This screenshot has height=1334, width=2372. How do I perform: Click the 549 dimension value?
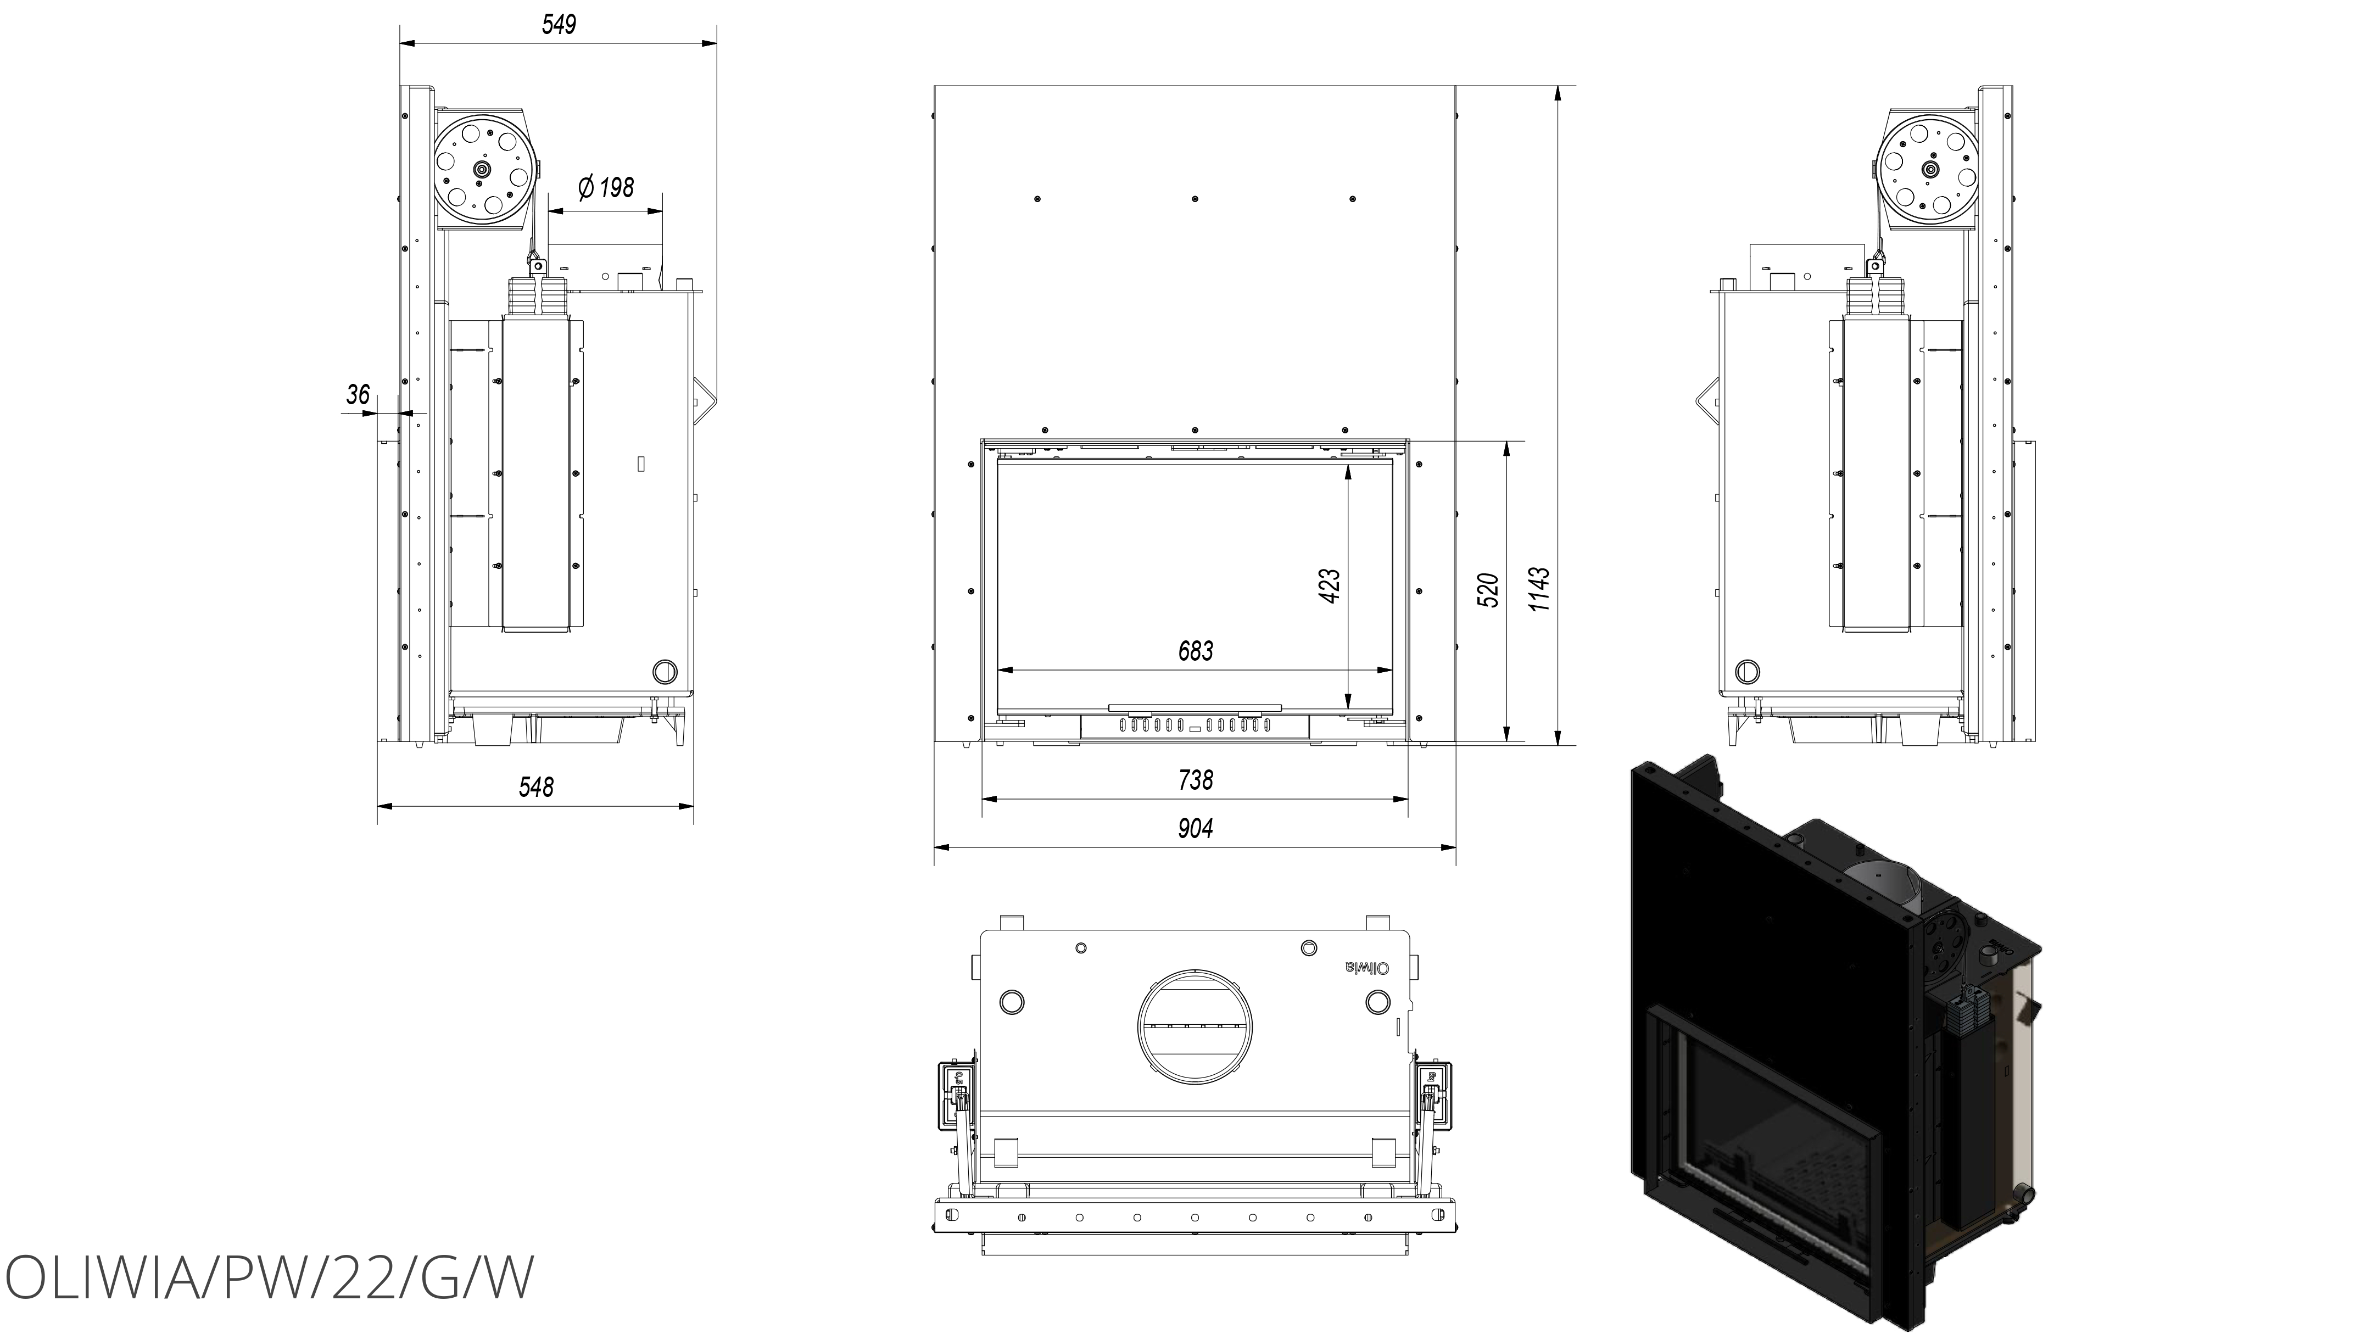559,24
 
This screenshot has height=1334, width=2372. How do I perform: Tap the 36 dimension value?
358,395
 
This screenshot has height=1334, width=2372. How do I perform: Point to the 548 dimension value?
536,786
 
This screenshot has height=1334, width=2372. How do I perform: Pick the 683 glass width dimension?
1195,651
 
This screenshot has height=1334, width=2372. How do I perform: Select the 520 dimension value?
1488,590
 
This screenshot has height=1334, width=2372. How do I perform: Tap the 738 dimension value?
1195,780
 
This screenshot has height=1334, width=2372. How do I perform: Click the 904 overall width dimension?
1195,829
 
